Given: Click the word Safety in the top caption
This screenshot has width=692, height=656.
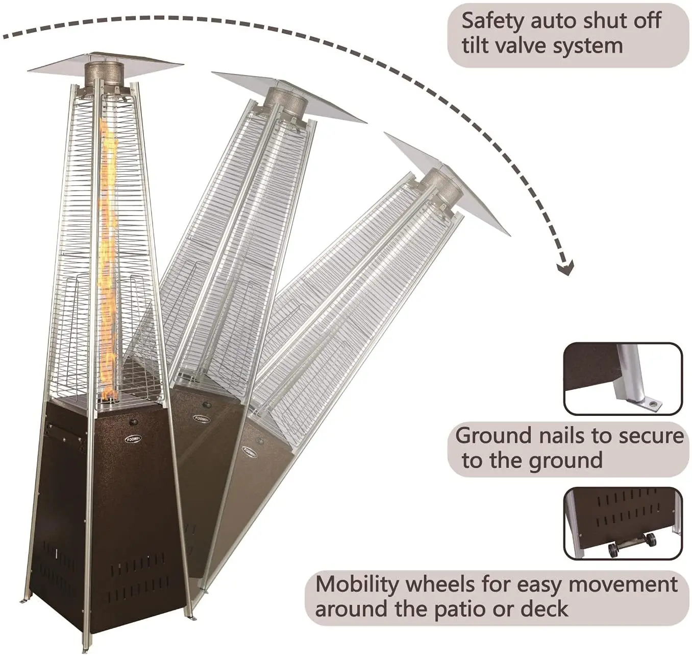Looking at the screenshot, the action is pos(493,21).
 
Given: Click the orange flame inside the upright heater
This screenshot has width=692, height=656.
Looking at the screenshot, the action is pos(108,255).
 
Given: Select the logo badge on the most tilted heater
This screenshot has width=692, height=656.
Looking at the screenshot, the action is pos(249,452).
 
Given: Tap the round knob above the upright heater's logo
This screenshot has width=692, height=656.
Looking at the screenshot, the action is pos(133,423).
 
